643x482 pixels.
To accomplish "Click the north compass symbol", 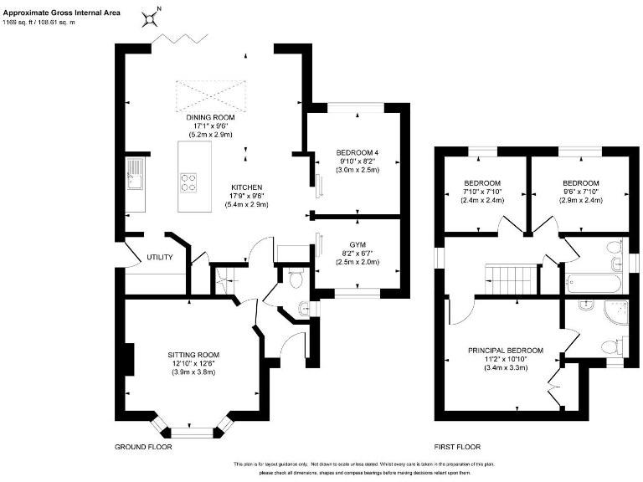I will tap(151, 15).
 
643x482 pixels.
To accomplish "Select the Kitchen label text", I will tap(248, 187).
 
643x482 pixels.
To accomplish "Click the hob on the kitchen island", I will tap(189, 178).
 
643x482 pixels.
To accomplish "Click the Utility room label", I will tap(159, 257).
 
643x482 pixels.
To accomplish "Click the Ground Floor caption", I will tap(143, 447).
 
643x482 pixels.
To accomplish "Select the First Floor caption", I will tap(457, 447).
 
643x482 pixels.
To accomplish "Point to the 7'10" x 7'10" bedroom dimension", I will tap(482, 192).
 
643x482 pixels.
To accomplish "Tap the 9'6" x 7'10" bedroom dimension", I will tap(580, 192).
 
